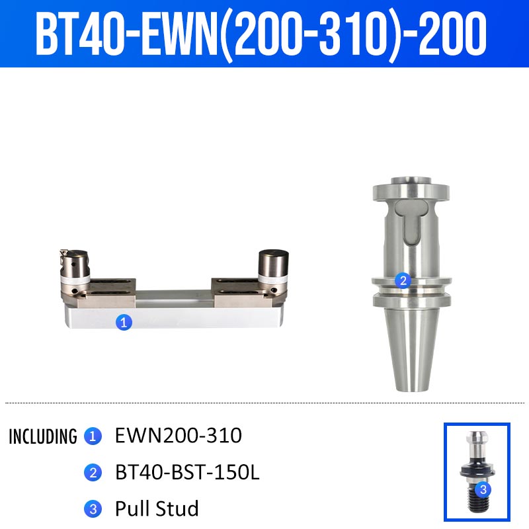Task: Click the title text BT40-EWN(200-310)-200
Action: pyautogui.click(x=261, y=34)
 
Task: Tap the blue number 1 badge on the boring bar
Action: pyautogui.click(x=124, y=322)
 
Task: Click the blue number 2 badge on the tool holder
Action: pyautogui.click(x=403, y=280)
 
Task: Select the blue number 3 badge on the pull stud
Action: pyautogui.click(x=483, y=489)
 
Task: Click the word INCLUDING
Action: pyautogui.click(x=43, y=436)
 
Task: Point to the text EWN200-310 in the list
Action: pyautogui.click(x=179, y=435)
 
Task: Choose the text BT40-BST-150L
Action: pyautogui.click(x=187, y=472)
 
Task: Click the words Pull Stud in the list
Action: pyautogui.click(x=157, y=509)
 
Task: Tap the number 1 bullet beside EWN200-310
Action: pyautogui.click(x=93, y=436)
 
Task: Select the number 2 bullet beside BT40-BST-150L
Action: pyautogui.click(x=93, y=473)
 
